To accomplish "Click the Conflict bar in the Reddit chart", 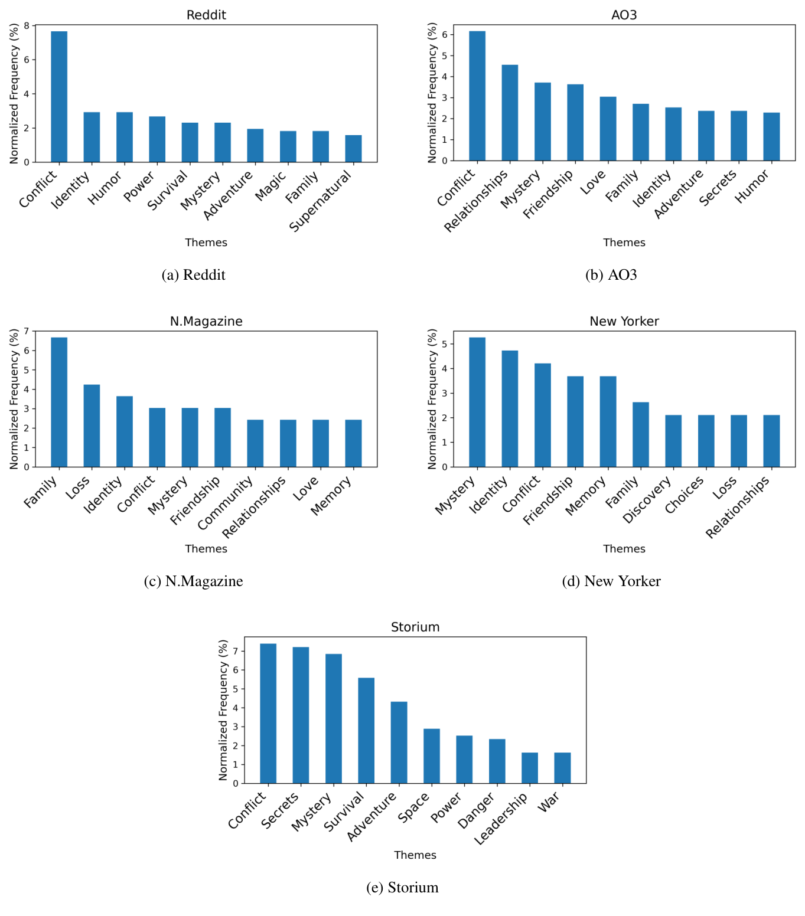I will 59,97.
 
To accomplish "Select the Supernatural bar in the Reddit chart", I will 353,149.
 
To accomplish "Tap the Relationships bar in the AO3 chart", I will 510,113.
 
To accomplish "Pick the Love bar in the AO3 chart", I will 608,129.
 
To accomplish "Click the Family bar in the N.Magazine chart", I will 59,402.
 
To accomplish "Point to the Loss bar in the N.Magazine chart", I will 92,426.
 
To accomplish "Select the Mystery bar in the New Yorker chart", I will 477,402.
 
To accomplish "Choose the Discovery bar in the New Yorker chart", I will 673,441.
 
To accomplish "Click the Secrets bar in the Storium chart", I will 301,715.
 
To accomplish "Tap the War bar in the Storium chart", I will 562,768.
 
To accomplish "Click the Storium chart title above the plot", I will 415,627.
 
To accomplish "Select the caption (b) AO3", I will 611,275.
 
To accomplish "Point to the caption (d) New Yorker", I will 611,581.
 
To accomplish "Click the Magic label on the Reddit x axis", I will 271,185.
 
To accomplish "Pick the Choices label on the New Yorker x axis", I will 685,495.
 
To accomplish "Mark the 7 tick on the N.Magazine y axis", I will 26,332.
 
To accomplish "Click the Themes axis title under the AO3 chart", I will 624,243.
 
